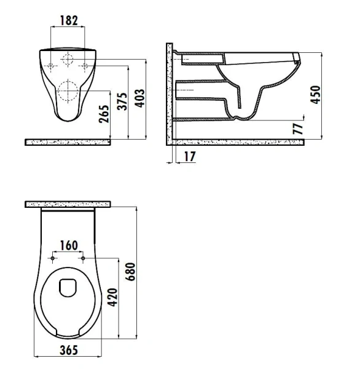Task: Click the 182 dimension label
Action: pyautogui.click(x=69, y=20)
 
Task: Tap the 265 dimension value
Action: pyautogui.click(x=104, y=114)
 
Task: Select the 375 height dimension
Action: pyautogui.click(x=122, y=101)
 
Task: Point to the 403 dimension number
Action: pyautogui.click(x=141, y=98)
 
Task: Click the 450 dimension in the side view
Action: pyautogui.click(x=315, y=95)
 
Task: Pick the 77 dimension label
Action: pyautogui.click(x=298, y=129)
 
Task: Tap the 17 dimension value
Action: pyautogui.click(x=190, y=156)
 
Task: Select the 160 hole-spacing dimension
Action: pyautogui.click(x=69, y=245)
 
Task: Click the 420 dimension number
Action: pyautogui.click(x=112, y=297)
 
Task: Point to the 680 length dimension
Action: pyautogui.click(x=130, y=272)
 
